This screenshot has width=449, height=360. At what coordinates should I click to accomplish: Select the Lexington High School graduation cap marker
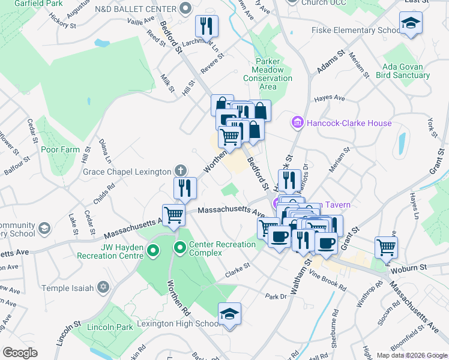coord(229,314)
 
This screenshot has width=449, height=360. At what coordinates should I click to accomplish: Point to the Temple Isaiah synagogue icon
coord(104,288)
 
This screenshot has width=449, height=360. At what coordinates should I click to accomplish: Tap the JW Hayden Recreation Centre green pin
coord(153,251)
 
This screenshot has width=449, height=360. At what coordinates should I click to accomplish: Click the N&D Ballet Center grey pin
coord(185,9)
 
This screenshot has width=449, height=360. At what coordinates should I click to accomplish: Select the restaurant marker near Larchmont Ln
coord(206,26)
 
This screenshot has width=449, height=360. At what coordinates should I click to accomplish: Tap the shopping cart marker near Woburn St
coord(386,246)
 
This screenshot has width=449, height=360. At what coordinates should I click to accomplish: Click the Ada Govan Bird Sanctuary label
coord(403,71)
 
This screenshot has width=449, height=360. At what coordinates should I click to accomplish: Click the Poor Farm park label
coord(60,149)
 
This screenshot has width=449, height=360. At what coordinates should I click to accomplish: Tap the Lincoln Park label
coord(110,327)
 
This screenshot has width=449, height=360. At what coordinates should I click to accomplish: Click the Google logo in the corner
coord(20,352)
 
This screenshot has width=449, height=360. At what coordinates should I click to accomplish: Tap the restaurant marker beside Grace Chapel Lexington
coord(185,188)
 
